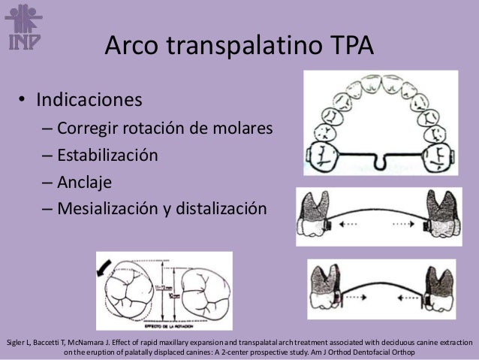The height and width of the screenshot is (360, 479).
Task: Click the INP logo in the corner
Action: pyautogui.click(x=23, y=26)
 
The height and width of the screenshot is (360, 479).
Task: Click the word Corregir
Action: pyautogui.click(x=88, y=128)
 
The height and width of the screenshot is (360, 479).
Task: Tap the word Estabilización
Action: pyautogui.click(x=107, y=155)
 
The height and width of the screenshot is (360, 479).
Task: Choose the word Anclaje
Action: pyautogui.click(x=86, y=182)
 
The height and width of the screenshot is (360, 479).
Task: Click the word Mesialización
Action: pyautogui.click(x=110, y=208)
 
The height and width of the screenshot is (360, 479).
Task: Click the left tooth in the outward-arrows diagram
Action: pyautogui.click(x=312, y=214)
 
